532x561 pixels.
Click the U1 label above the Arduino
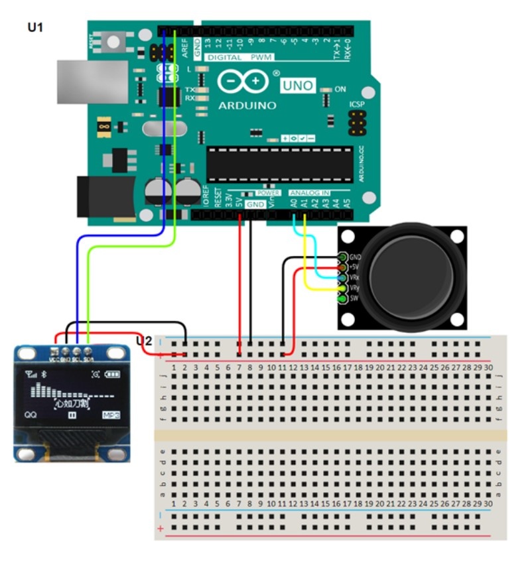pos(34,28)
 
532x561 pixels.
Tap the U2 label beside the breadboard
pos(144,341)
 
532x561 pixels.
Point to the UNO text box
pos(298,86)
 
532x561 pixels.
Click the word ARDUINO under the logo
pos(247,105)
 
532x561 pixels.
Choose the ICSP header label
pos(357,105)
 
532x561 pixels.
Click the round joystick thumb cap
pos(412,274)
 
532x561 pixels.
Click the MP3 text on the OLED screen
pos(111,415)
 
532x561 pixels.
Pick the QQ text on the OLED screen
pos(31,414)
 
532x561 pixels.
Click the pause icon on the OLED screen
pos(72,415)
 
